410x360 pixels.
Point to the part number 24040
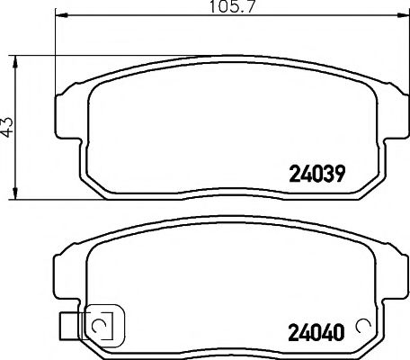point(316,330)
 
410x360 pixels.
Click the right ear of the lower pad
point(388,270)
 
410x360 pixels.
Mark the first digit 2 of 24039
point(293,172)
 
